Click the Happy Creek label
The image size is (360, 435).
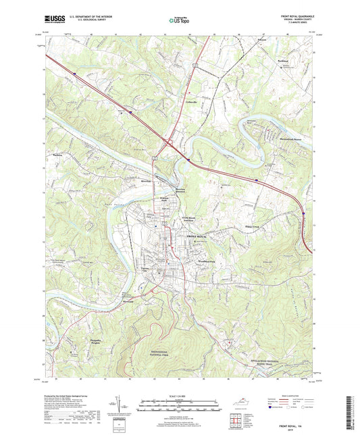pos(252,228)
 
